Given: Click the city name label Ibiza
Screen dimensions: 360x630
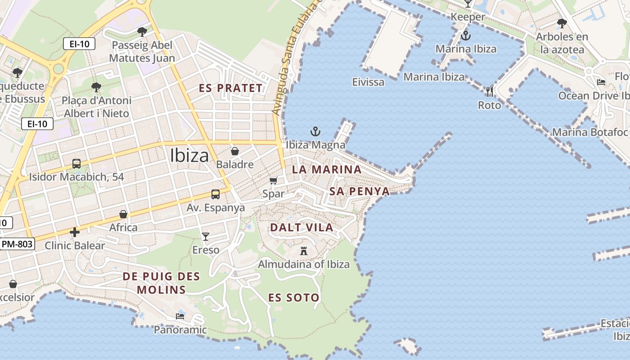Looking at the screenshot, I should coord(189,156).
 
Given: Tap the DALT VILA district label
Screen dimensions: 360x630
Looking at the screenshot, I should coord(301,228).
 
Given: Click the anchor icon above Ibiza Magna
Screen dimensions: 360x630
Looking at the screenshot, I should coord(315,132).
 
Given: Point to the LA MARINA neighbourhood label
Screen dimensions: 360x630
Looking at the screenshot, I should coord(326,170).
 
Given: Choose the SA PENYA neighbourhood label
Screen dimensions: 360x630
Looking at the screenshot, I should coord(359,191).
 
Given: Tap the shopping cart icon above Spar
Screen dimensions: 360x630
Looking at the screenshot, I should coord(273,181).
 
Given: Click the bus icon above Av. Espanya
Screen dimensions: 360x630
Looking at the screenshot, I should coord(216,194).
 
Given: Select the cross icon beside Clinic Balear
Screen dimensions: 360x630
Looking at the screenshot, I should coord(75,232).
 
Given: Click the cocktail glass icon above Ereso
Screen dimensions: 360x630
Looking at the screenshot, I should coord(206,236).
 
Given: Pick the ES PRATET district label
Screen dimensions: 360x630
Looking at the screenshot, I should coord(231,88).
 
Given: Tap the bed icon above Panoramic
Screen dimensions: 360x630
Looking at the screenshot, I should coord(180,316).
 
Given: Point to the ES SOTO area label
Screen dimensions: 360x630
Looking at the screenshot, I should coord(294,297).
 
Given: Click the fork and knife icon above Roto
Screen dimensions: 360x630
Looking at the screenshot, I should coord(490,92).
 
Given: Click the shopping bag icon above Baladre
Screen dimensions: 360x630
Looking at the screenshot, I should coord(234,151).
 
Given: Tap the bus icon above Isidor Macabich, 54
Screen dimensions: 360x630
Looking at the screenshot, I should coord(76,164).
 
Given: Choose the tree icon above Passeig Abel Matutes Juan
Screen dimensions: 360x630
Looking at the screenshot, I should coord(142,32).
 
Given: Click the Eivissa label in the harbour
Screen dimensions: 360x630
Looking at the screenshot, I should coord(368,82).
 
